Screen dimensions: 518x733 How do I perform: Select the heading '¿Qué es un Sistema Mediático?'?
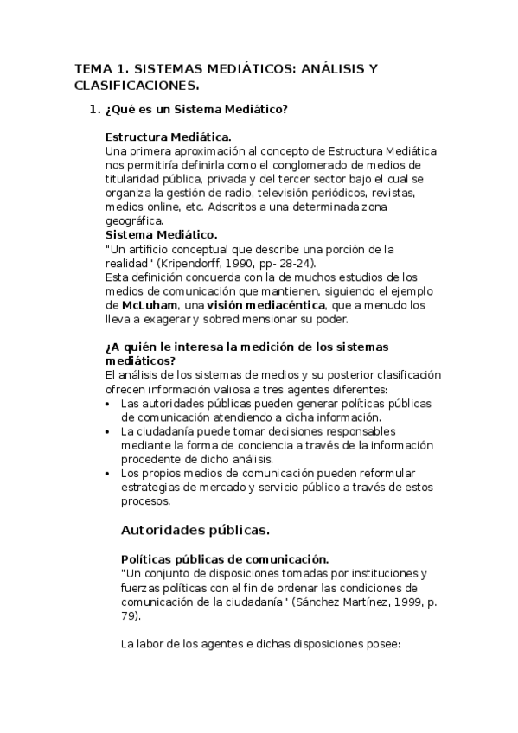[196, 110]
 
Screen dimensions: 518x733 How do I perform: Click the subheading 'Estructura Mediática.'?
[168, 137]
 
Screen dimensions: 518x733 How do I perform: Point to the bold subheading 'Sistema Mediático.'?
[161, 235]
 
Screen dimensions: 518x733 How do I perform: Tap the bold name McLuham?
[150, 305]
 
